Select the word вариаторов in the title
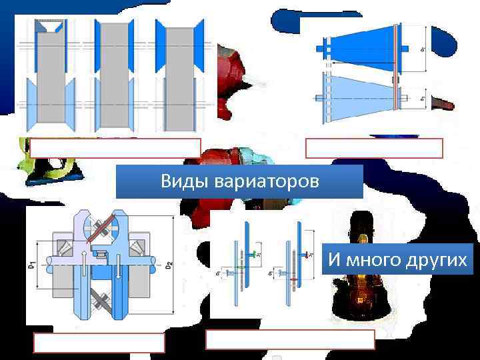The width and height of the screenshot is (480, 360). click(259, 182)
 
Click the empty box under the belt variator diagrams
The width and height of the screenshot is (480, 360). click(115, 148)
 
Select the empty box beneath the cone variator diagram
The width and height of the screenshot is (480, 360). click(374, 148)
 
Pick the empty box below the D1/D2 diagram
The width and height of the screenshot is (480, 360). click(99, 342)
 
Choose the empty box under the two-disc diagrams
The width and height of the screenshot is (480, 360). click(290, 340)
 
